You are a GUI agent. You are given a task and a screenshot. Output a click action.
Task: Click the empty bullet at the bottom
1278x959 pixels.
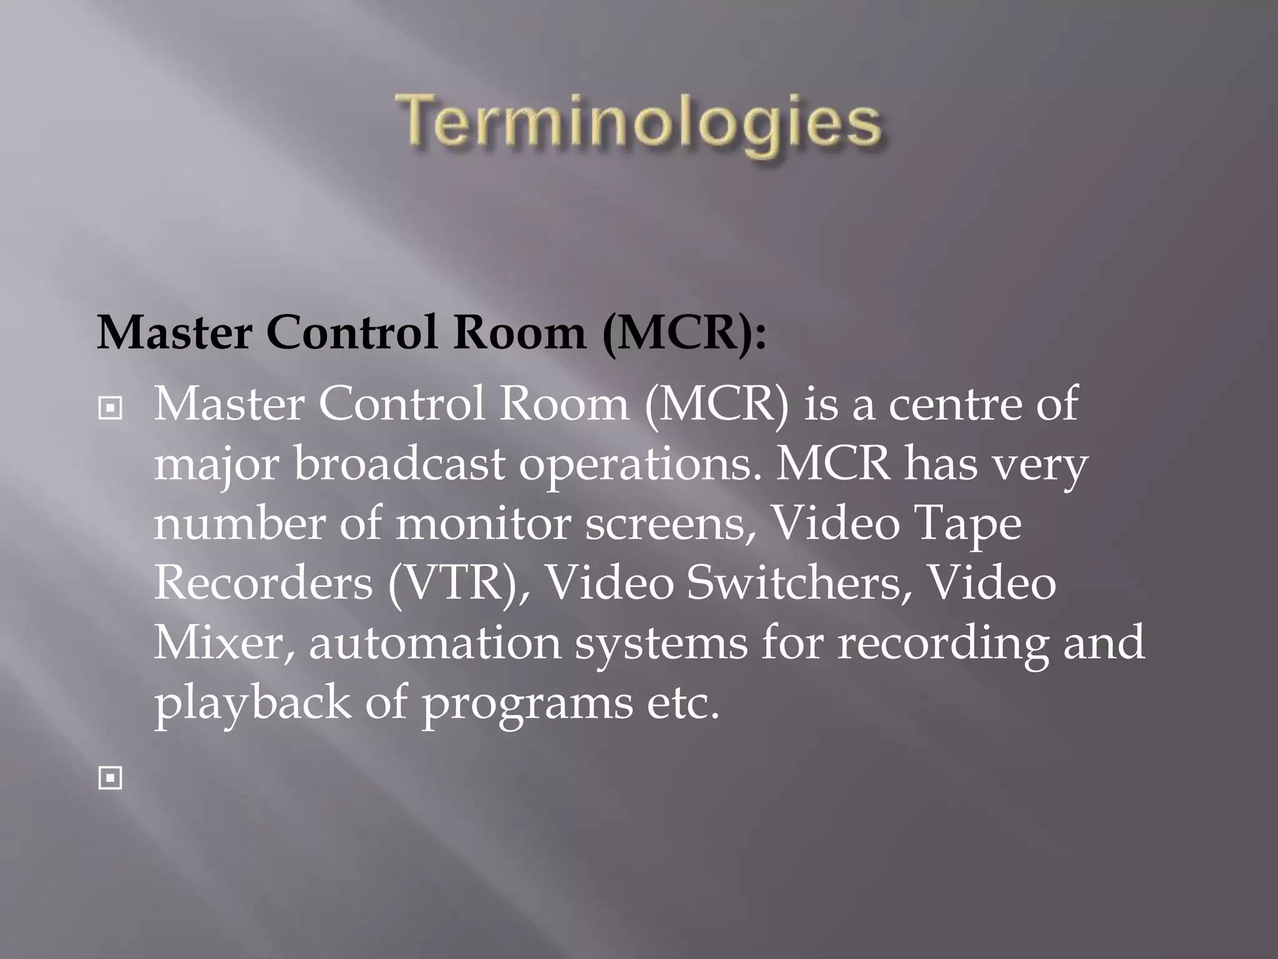[x=110, y=779]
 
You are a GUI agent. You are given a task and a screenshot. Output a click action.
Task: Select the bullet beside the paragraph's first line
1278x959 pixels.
[x=110, y=409]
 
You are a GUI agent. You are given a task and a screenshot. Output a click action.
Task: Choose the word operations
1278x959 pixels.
[x=638, y=465]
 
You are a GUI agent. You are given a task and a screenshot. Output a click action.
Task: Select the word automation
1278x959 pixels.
[x=435, y=642]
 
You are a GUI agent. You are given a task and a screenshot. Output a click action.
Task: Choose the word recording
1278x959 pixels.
[x=943, y=644]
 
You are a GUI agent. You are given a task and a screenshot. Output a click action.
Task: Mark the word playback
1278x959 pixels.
[x=252, y=703]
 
